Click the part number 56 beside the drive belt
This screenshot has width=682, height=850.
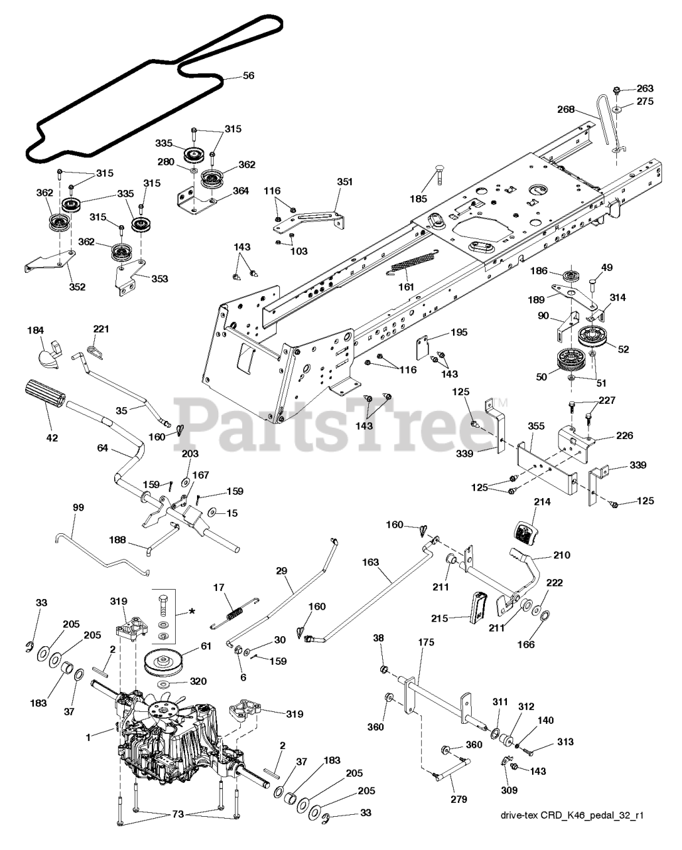point(248,76)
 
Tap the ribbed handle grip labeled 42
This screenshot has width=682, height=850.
point(45,395)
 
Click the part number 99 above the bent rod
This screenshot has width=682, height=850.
point(78,507)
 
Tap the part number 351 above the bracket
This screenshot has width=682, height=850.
point(345,181)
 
